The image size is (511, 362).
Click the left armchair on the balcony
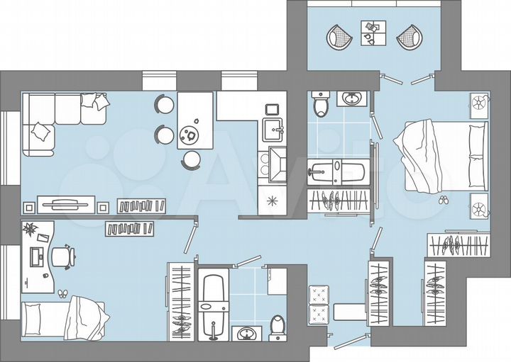(x=339, y=35)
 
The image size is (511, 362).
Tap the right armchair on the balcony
(x=409, y=35)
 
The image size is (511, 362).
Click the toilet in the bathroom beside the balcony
(x=321, y=105)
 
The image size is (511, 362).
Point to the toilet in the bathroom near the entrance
(x=278, y=325)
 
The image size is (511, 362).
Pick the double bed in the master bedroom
(x=441, y=155)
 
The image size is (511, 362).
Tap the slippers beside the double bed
(x=443, y=200)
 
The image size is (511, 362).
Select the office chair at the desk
(x=65, y=256)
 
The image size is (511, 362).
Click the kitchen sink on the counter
(x=273, y=129)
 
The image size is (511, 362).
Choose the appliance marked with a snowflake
(x=270, y=200)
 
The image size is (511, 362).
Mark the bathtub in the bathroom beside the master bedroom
(x=337, y=172)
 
